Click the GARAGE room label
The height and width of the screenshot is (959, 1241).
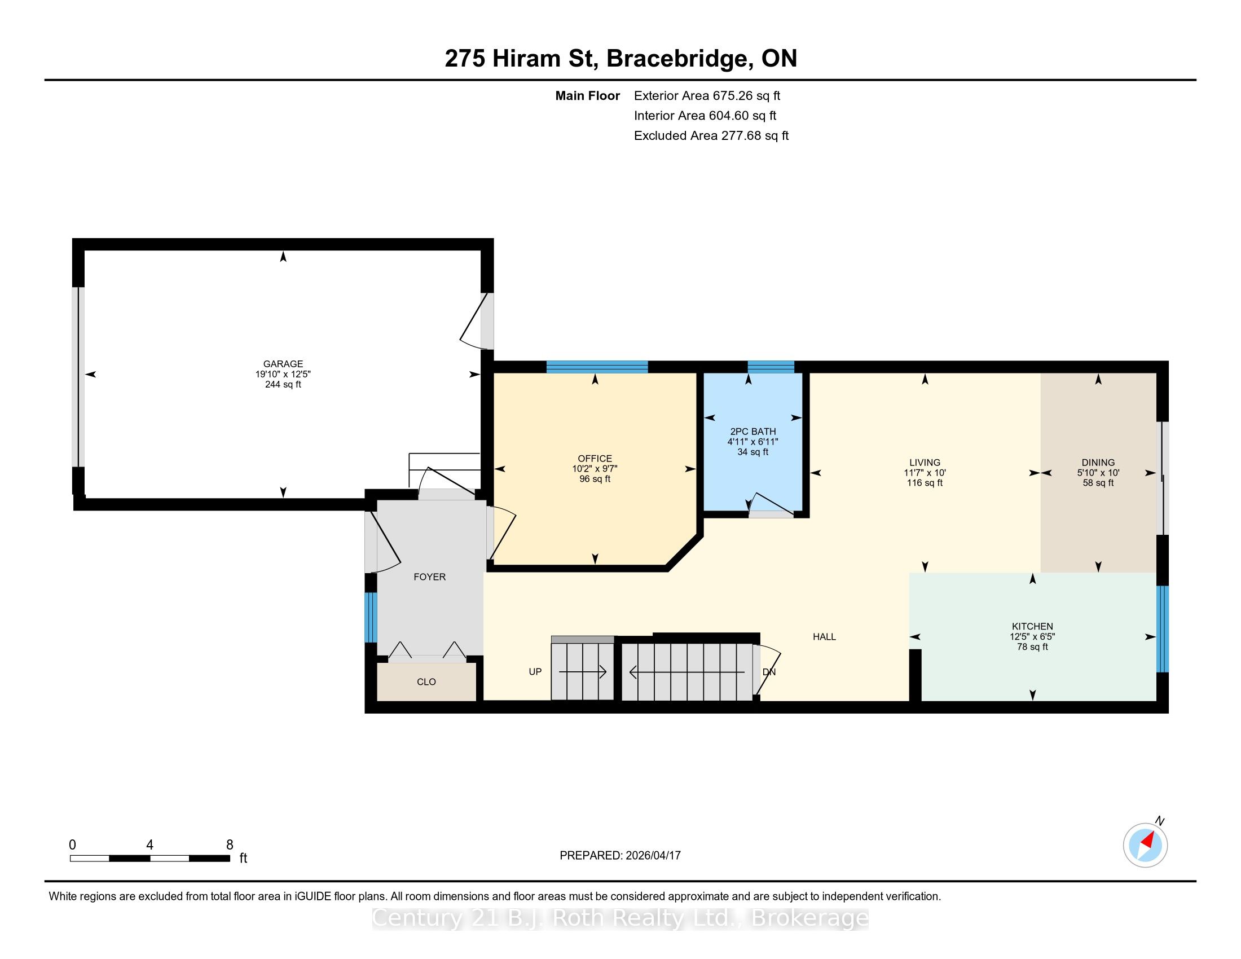tap(283, 364)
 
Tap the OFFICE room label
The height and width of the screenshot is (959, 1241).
tap(595, 459)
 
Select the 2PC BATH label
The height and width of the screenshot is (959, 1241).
tap(753, 431)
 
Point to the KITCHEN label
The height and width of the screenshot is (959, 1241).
tap(1032, 626)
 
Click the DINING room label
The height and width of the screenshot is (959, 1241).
tap(1098, 463)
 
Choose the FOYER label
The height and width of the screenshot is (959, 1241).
tap(430, 577)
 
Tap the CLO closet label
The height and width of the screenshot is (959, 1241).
tap(426, 682)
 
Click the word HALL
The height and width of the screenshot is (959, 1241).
tap(824, 636)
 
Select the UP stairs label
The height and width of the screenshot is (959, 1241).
tap(535, 671)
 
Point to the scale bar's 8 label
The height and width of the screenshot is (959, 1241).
tap(230, 845)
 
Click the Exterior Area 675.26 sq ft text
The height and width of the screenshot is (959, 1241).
tap(707, 95)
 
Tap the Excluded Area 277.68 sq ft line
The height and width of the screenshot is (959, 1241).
tap(711, 135)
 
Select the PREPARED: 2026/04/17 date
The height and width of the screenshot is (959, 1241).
tap(620, 855)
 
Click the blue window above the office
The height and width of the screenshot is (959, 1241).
tap(597, 367)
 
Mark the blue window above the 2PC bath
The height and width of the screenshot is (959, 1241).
tap(771, 367)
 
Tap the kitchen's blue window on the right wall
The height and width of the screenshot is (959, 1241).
tap(1163, 629)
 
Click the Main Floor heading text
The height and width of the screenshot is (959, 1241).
tap(588, 95)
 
